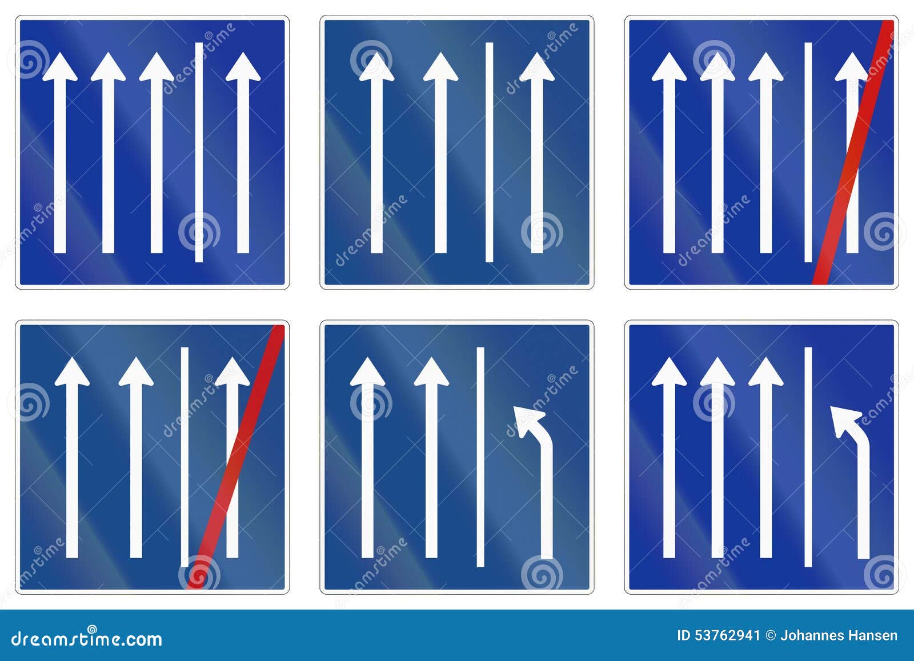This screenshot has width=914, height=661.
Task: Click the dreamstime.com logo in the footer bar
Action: (x=86, y=638)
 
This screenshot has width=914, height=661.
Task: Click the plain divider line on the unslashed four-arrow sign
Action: (x=199, y=152)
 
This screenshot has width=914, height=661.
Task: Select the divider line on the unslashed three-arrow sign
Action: (x=489, y=152)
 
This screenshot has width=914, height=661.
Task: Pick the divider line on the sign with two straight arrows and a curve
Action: (x=480, y=457)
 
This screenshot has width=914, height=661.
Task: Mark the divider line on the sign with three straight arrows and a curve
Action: (x=808, y=457)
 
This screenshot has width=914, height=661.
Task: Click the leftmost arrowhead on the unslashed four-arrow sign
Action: (x=60, y=67)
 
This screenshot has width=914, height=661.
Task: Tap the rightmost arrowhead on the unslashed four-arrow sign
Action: (x=243, y=67)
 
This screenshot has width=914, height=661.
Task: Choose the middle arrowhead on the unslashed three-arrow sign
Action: (x=440, y=67)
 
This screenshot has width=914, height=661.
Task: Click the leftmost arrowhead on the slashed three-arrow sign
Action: (x=72, y=372)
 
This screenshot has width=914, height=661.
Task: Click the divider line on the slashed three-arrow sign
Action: (x=185, y=457)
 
